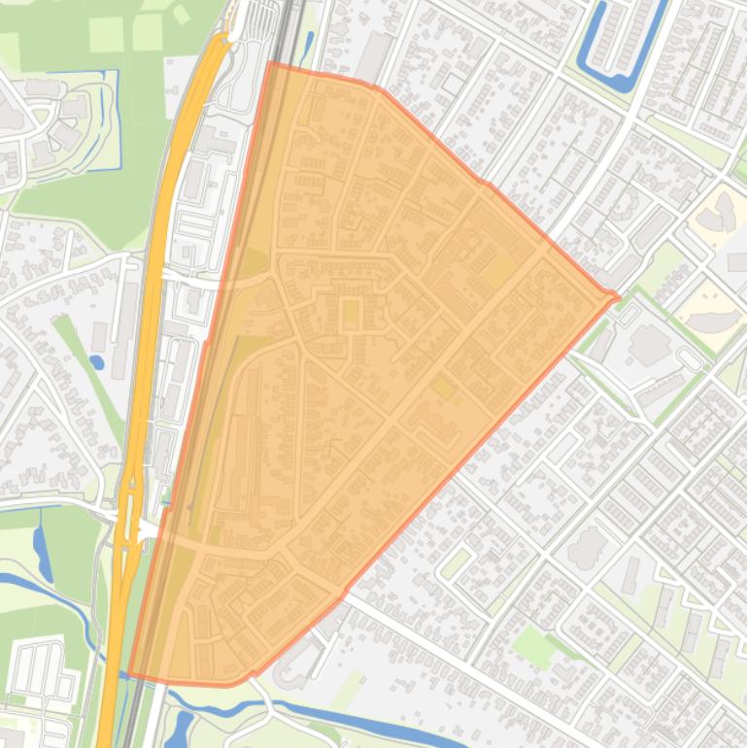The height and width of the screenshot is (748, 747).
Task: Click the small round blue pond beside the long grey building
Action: tap(96, 362)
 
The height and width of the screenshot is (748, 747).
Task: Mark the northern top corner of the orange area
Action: tap(269, 64)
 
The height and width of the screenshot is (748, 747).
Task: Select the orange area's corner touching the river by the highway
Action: tap(131, 672)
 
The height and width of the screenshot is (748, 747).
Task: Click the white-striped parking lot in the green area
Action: tap(41, 671)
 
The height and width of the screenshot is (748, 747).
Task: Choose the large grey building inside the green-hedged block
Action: tap(648, 346)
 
